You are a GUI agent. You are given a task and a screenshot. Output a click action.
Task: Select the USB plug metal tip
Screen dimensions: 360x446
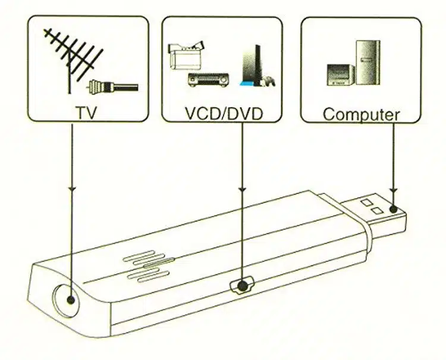(x=381, y=211)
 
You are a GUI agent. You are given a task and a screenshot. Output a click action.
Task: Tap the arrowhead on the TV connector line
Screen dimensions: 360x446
(x=72, y=189)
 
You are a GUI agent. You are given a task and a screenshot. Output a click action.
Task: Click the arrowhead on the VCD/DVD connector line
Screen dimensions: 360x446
(x=241, y=189)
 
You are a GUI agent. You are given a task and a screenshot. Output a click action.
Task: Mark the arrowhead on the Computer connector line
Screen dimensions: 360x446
(x=392, y=189)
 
